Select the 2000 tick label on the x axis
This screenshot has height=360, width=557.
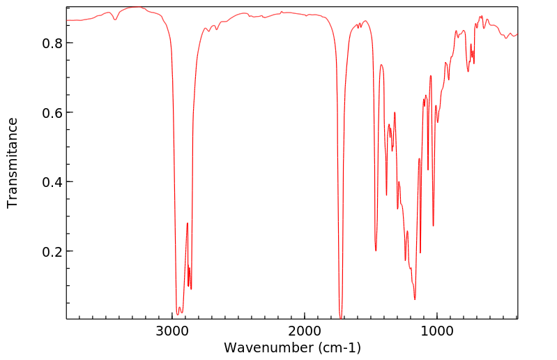(x=305, y=330)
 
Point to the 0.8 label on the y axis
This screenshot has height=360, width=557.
(x=51, y=43)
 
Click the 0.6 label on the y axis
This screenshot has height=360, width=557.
(x=51, y=112)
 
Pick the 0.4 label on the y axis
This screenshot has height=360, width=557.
(x=51, y=182)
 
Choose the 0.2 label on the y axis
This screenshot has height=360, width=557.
(x=51, y=251)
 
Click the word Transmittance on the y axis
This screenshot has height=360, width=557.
(x=13, y=163)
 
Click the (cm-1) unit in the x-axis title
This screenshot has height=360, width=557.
(x=339, y=347)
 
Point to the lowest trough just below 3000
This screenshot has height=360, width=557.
(x=178, y=314)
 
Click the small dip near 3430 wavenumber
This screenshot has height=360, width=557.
(x=116, y=20)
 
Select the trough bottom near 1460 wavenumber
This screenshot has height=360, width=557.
(x=376, y=250)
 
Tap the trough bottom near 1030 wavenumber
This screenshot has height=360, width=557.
(x=433, y=225)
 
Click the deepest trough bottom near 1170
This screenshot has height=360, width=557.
(x=415, y=299)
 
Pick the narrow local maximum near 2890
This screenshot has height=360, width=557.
(x=188, y=223)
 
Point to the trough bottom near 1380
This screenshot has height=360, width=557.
(x=386, y=195)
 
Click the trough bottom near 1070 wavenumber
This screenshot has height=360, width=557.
(x=428, y=170)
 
